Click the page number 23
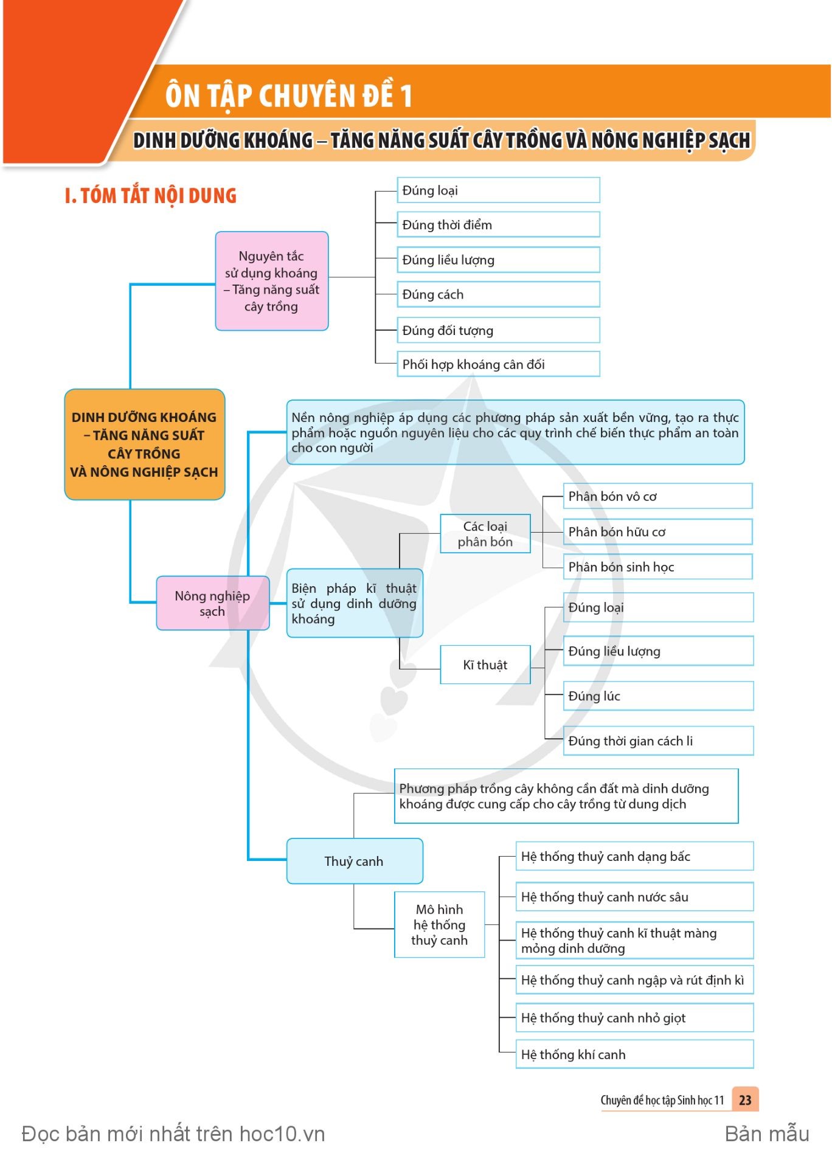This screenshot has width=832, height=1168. point(745,1100)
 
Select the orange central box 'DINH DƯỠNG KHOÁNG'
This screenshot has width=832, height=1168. point(145,444)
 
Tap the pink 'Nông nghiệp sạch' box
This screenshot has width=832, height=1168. point(213,603)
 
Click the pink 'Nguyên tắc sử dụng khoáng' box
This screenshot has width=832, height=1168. point(272,281)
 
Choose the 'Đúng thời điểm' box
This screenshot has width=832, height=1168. point(499,224)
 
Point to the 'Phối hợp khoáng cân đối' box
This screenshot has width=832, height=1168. point(499,364)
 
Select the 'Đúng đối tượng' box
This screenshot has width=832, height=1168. point(499,330)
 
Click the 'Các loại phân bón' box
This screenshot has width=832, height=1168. point(485,534)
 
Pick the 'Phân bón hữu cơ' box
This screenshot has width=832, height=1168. point(658,531)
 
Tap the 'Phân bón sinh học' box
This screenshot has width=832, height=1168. point(658,567)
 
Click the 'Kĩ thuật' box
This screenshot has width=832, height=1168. point(485,665)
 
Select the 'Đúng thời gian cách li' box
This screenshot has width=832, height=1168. point(659,741)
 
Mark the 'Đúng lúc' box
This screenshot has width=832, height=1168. point(659,696)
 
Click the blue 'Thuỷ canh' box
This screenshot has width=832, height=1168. point(355,861)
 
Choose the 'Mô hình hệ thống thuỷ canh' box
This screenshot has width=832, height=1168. point(440,925)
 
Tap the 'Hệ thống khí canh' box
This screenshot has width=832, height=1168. point(635,1054)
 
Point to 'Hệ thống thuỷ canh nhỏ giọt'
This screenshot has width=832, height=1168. point(635,1018)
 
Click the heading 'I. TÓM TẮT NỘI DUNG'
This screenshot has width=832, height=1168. point(150,196)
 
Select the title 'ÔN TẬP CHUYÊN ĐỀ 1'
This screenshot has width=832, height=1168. point(289,95)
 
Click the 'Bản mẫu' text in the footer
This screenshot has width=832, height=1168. point(767,1134)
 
